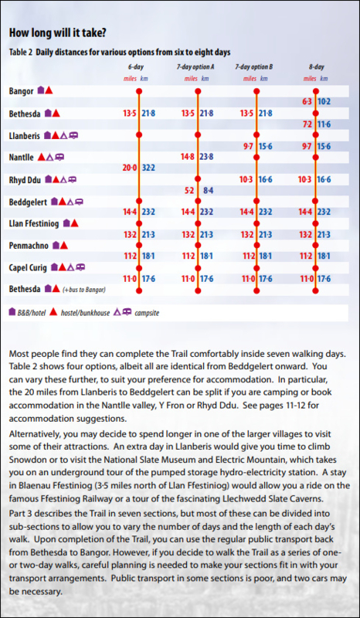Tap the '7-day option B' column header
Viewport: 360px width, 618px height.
click(x=256, y=67)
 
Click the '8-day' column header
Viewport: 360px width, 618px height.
click(x=315, y=67)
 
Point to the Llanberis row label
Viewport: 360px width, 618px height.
click(x=24, y=135)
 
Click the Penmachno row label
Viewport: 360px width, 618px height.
click(x=29, y=246)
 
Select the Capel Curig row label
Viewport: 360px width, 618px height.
click(x=28, y=268)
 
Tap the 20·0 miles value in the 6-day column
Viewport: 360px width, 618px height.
click(x=129, y=168)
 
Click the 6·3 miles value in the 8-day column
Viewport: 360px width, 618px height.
click(x=307, y=102)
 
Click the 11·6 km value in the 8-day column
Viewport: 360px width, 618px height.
click(x=324, y=124)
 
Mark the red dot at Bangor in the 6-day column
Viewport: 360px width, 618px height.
click(x=139, y=91)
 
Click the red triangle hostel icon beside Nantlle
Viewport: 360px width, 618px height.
click(x=41, y=158)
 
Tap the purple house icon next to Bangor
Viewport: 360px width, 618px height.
click(x=40, y=90)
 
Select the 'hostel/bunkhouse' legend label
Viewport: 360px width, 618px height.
click(x=85, y=314)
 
